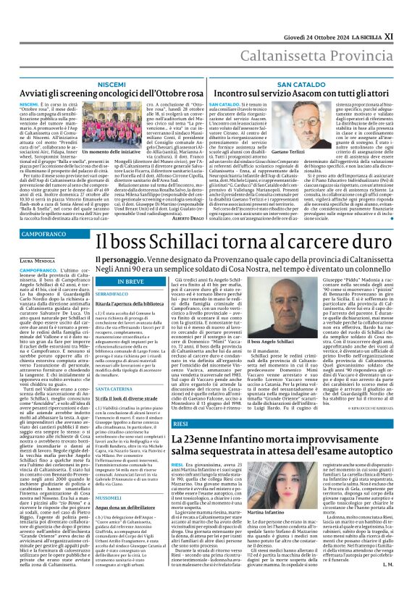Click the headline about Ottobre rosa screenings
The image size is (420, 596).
pyautogui.click(x=109, y=95)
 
